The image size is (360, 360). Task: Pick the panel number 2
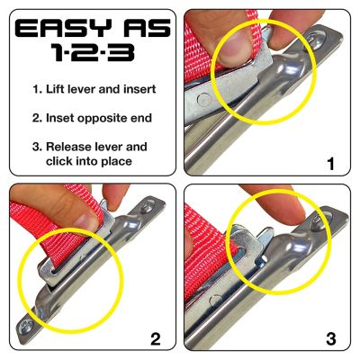(x=156, y=338)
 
